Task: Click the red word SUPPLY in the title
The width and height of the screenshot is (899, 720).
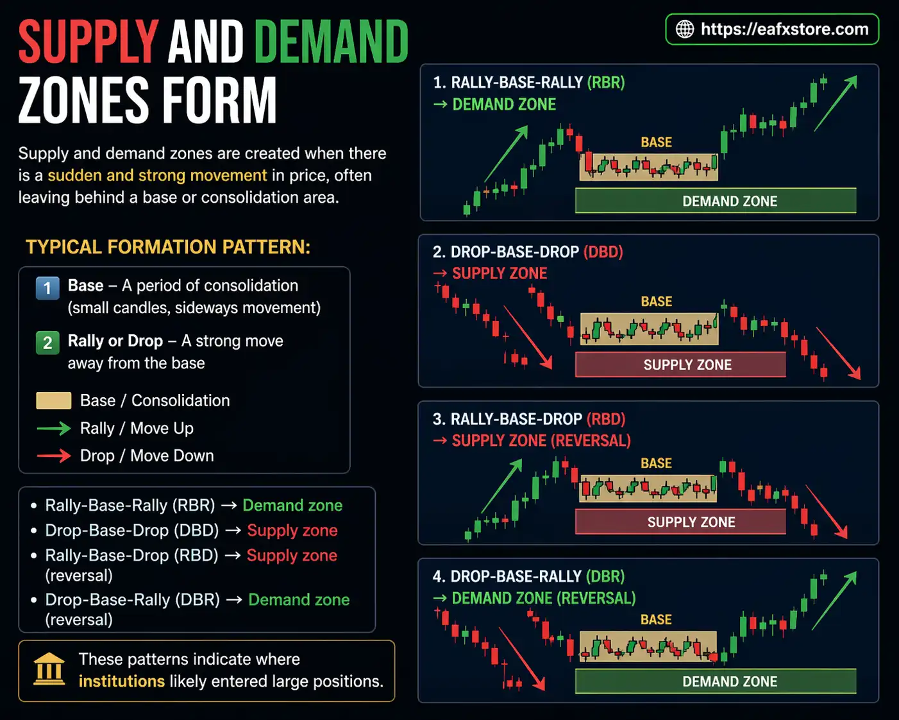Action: pyautogui.click(x=88, y=42)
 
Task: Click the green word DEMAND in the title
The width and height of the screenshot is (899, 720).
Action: pyautogui.click(x=331, y=42)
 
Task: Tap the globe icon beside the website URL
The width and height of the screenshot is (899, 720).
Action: pyautogui.click(x=685, y=30)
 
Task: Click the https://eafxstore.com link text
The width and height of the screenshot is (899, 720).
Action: pyautogui.click(x=784, y=30)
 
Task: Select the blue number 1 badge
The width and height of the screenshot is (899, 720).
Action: pyautogui.click(x=47, y=288)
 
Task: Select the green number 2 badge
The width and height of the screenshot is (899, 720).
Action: pyautogui.click(x=47, y=343)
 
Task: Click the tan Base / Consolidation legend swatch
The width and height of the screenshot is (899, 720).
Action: pyautogui.click(x=54, y=401)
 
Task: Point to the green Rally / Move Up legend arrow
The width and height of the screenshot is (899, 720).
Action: pyautogui.click(x=54, y=429)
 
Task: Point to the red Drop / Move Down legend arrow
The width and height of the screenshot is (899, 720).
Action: pyautogui.click(x=54, y=456)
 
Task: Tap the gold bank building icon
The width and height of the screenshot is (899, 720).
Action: pyautogui.click(x=49, y=669)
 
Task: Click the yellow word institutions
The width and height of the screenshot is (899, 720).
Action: pyautogui.click(x=122, y=681)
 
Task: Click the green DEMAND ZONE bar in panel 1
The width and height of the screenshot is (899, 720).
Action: pyautogui.click(x=716, y=201)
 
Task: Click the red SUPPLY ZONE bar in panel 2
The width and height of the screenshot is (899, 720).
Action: pyautogui.click(x=680, y=364)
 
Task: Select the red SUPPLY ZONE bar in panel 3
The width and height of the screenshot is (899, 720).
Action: pyautogui.click(x=680, y=522)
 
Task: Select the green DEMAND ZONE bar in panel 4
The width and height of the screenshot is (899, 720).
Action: pyautogui.click(x=716, y=681)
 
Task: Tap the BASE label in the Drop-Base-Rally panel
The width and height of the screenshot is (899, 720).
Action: pyautogui.click(x=656, y=620)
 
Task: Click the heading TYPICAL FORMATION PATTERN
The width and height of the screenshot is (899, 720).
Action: pyautogui.click(x=168, y=248)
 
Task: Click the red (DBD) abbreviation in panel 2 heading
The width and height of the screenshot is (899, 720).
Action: pyautogui.click(x=603, y=252)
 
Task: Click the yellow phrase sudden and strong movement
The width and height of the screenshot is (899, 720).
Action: pyautogui.click(x=157, y=176)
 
